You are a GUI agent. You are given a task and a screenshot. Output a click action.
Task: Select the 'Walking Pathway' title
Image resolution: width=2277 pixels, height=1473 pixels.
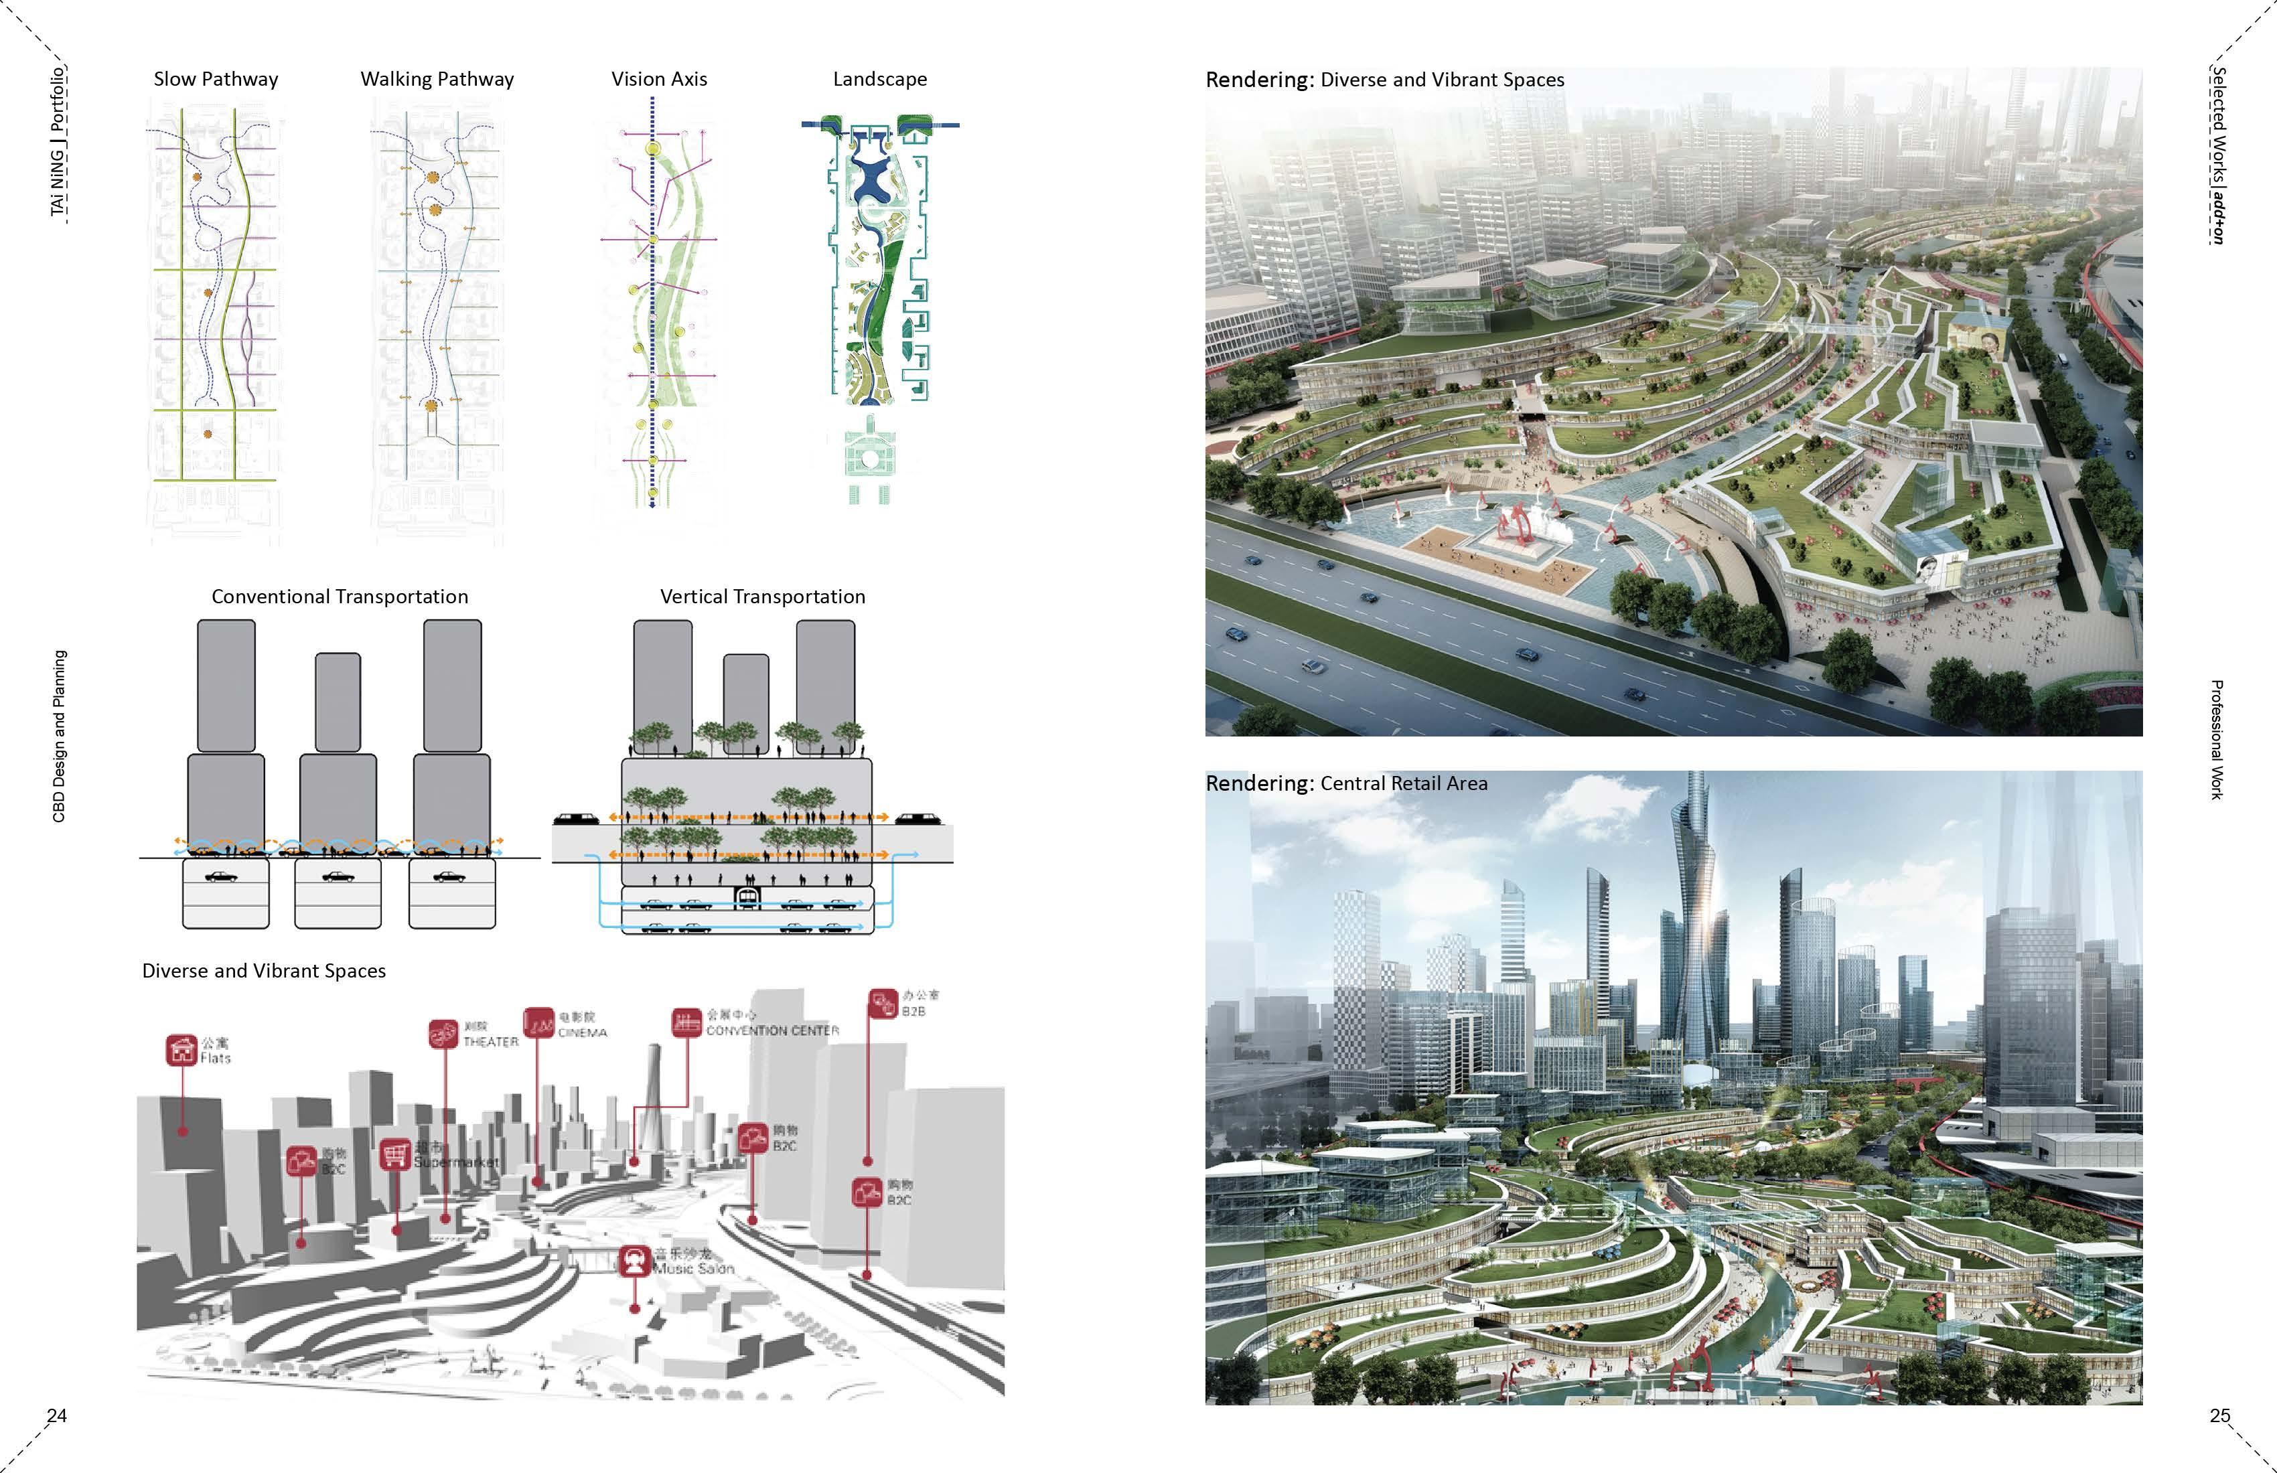tap(437, 80)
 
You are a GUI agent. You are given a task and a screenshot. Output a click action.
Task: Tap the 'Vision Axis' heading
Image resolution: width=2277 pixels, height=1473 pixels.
tap(659, 80)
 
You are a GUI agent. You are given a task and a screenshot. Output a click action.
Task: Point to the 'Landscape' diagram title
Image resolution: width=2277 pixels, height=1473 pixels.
tap(879, 80)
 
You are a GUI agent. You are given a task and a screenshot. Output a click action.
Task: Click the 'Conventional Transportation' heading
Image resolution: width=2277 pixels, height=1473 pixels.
tap(340, 597)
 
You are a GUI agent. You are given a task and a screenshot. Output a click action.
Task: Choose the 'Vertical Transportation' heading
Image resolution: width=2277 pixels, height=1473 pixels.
tap(763, 597)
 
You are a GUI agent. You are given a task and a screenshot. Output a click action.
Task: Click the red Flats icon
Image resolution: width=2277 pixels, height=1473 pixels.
tap(181, 1049)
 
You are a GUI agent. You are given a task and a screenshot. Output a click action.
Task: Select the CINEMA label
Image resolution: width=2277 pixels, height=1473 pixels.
tap(582, 1033)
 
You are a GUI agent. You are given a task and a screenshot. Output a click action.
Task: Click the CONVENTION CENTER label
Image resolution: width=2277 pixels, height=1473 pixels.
tap(772, 1030)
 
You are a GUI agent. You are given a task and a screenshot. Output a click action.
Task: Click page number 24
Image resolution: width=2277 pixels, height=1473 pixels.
tap(56, 1415)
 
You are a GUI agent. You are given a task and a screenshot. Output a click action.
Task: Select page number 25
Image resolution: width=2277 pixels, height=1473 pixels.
tap(2219, 1415)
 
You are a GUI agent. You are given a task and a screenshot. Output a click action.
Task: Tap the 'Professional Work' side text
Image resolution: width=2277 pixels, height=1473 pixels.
tap(2217, 739)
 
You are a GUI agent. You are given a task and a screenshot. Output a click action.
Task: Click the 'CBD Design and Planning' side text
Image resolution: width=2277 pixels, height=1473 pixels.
tap(60, 736)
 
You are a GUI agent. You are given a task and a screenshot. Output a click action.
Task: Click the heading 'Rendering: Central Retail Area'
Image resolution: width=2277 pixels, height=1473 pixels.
tap(1346, 783)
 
